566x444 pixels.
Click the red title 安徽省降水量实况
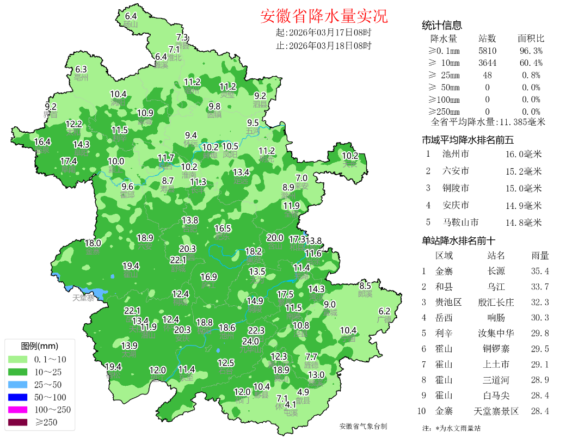point(324,16)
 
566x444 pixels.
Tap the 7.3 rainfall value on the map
point(182,38)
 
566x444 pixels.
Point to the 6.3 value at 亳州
point(81,69)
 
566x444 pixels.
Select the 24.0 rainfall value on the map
point(250,341)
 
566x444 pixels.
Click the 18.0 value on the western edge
point(93,243)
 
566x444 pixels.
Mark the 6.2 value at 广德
point(384,311)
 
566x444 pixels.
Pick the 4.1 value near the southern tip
point(291,404)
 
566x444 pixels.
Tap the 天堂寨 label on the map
point(83,298)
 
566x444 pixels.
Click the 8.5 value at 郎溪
point(365,286)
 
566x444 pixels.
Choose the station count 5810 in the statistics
point(487,51)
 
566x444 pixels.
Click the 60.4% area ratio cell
point(531,63)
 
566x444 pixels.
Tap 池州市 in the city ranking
point(456,154)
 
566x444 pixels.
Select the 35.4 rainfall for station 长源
point(540,271)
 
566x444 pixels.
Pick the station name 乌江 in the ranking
point(496,287)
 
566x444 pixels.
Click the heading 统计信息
point(442,25)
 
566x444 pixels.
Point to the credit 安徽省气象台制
point(363,426)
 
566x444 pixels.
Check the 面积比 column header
point(531,39)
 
